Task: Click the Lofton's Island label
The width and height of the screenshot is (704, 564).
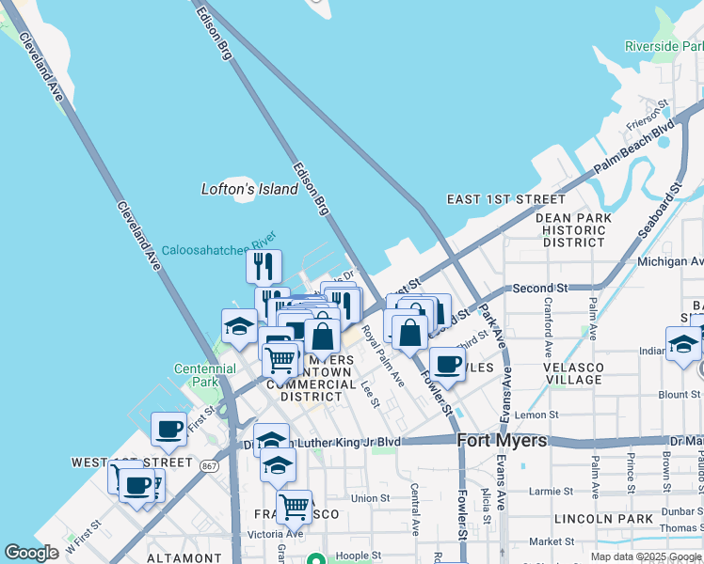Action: coord(249,189)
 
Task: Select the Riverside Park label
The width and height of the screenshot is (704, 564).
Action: coord(664,46)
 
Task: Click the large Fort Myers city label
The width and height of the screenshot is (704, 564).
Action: coord(502,439)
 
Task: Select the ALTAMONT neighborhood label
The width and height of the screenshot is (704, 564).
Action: coord(184,557)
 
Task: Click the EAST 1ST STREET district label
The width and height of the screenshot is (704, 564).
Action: coord(506,199)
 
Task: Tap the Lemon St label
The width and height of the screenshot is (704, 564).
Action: coord(536,415)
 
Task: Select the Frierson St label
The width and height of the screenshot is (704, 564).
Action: coord(648,117)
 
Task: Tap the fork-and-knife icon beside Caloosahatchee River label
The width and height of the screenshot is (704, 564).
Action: coord(264,265)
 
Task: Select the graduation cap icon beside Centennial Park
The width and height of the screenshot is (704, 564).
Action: coord(240,325)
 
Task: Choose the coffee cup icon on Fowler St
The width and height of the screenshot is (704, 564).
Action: coord(447,363)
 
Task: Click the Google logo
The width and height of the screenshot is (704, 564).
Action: coord(32,554)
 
